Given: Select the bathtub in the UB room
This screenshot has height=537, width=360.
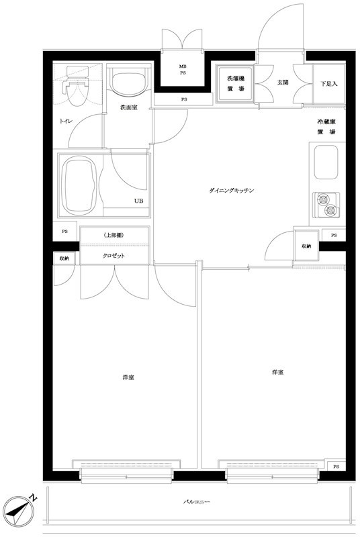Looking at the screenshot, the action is pyautogui.click(x=80, y=185).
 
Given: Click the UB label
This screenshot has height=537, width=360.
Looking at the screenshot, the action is pyautogui.click(x=139, y=201).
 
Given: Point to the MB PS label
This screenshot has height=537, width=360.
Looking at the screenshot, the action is pyautogui.click(x=183, y=70).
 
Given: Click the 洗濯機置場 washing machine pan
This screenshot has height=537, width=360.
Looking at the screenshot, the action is pyautogui.click(x=236, y=83).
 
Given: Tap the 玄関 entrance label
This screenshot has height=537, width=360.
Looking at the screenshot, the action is pyautogui.click(x=283, y=82).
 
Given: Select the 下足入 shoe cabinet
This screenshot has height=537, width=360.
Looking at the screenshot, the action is pyautogui.click(x=329, y=83).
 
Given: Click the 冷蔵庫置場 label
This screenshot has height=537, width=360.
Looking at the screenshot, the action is pyautogui.click(x=326, y=127).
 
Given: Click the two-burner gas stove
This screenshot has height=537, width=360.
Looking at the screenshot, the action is pyautogui.click(x=326, y=205).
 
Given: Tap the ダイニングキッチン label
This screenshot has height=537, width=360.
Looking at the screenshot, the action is pyautogui.click(x=232, y=191).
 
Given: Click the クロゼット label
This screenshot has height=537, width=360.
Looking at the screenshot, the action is pyautogui.click(x=114, y=256).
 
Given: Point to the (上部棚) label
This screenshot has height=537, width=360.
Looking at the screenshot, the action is pyautogui.click(x=113, y=236).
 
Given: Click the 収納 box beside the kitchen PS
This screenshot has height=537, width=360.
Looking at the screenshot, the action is pyautogui.click(x=306, y=246).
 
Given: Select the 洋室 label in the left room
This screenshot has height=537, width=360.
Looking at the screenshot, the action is pyautogui.click(x=128, y=377).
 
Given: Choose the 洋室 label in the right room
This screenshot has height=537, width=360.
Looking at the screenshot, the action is pyautogui.click(x=277, y=372).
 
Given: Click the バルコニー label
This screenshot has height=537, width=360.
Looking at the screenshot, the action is pyautogui.click(x=196, y=501).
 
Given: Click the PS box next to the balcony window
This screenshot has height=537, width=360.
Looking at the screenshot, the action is pyautogui.click(x=336, y=467).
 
